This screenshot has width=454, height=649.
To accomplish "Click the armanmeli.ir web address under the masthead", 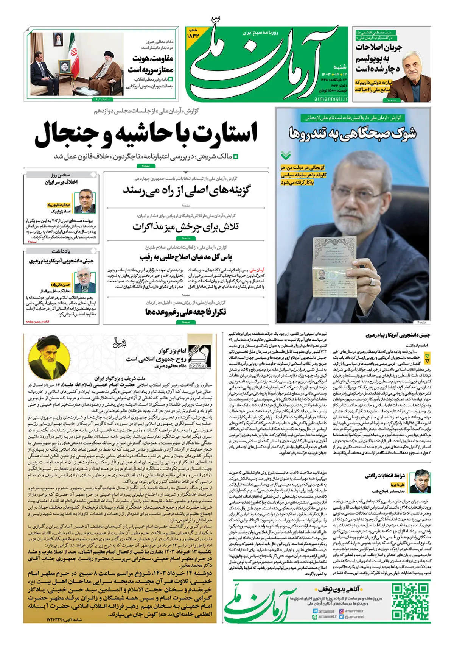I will pos(331,98).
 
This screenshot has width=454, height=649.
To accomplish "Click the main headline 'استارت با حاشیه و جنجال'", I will pos(146,135).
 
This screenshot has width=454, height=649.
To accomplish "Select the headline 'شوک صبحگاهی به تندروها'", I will pos(353,133).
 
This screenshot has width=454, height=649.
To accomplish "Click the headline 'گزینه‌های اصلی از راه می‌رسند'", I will pos(186,190).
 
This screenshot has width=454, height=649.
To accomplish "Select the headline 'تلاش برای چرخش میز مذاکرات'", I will pos(185,227).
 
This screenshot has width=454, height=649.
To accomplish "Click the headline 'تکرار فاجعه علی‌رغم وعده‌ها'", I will pos(185,312).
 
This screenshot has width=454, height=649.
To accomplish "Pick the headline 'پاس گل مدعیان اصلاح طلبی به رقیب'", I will pos(185,257).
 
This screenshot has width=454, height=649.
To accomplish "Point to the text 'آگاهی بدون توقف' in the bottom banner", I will pos(339,589).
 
